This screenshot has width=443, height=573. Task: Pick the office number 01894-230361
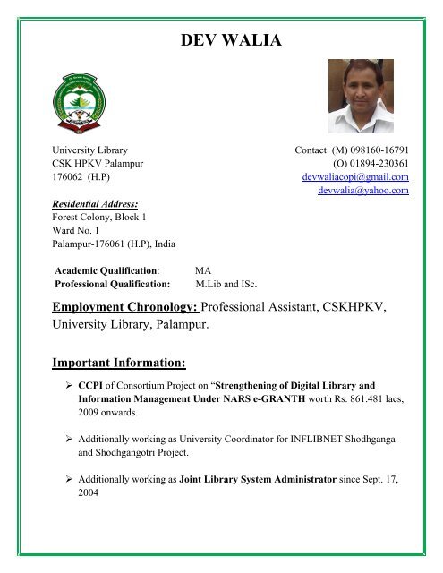click(x=377, y=164)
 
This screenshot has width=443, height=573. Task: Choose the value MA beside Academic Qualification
click(x=203, y=269)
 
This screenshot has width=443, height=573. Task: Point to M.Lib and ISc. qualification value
click(x=226, y=284)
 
